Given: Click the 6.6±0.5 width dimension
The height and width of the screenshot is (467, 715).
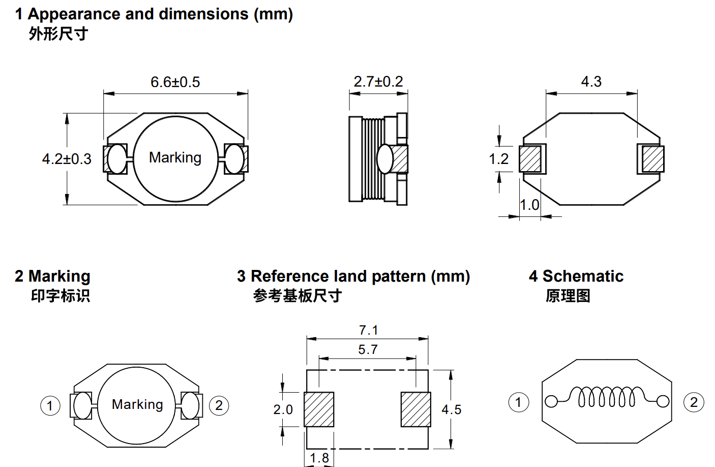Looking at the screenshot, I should (x=175, y=82).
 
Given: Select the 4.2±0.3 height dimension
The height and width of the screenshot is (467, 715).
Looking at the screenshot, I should (x=67, y=159).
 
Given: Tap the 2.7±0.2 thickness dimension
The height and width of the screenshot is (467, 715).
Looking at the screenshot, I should (x=378, y=81).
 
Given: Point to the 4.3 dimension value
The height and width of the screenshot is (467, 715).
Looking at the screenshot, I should (x=591, y=81).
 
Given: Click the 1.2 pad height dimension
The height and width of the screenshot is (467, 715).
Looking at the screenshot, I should (x=498, y=159).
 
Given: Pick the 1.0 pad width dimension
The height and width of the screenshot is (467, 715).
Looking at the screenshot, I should (x=529, y=205).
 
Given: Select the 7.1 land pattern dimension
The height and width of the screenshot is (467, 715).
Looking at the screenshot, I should (x=368, y=330).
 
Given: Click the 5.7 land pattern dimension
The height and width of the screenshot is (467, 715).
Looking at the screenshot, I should (x=368, y=349).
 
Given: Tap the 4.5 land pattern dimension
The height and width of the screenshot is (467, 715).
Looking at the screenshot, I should (x=451, y=409).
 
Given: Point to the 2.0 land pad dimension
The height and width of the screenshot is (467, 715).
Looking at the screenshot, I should (x=283, y=409).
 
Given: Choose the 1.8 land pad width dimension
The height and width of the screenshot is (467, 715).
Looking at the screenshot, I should (x=319, y=458).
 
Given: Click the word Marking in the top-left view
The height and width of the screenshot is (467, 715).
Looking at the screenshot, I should (x=175, y=157).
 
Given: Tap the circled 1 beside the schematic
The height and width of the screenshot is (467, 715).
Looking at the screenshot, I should (x=518, y=402).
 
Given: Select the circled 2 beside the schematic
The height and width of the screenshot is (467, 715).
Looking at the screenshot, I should (x=694, y=402).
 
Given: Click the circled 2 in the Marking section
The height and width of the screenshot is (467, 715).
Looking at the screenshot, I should (x=219, y=406).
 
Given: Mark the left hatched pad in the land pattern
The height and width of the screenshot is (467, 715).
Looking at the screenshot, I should (x=319, y=409).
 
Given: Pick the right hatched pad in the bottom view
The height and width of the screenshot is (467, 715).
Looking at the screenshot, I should (x=652, y=159).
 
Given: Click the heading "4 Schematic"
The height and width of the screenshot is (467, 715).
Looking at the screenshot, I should (x=576, y=276).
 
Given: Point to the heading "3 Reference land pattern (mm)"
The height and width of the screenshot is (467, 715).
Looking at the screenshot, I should (x=353, y=276).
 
